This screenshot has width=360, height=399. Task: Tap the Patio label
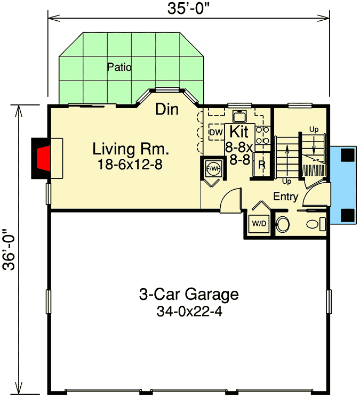pos(119,67)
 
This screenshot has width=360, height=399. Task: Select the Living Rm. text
pos(130,148)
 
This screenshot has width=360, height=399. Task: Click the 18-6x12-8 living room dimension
pos(130,165)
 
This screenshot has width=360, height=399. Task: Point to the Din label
pos(167,110)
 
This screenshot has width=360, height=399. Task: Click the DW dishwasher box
pos(215,132)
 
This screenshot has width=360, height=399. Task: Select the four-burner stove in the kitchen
pos(262,135)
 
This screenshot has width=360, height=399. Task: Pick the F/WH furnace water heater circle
pos(213,169)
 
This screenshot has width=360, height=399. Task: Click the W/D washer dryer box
pos(260,224)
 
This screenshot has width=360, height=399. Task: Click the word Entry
pos(285,197)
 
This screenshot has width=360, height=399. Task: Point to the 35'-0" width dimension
pos(189,9)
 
